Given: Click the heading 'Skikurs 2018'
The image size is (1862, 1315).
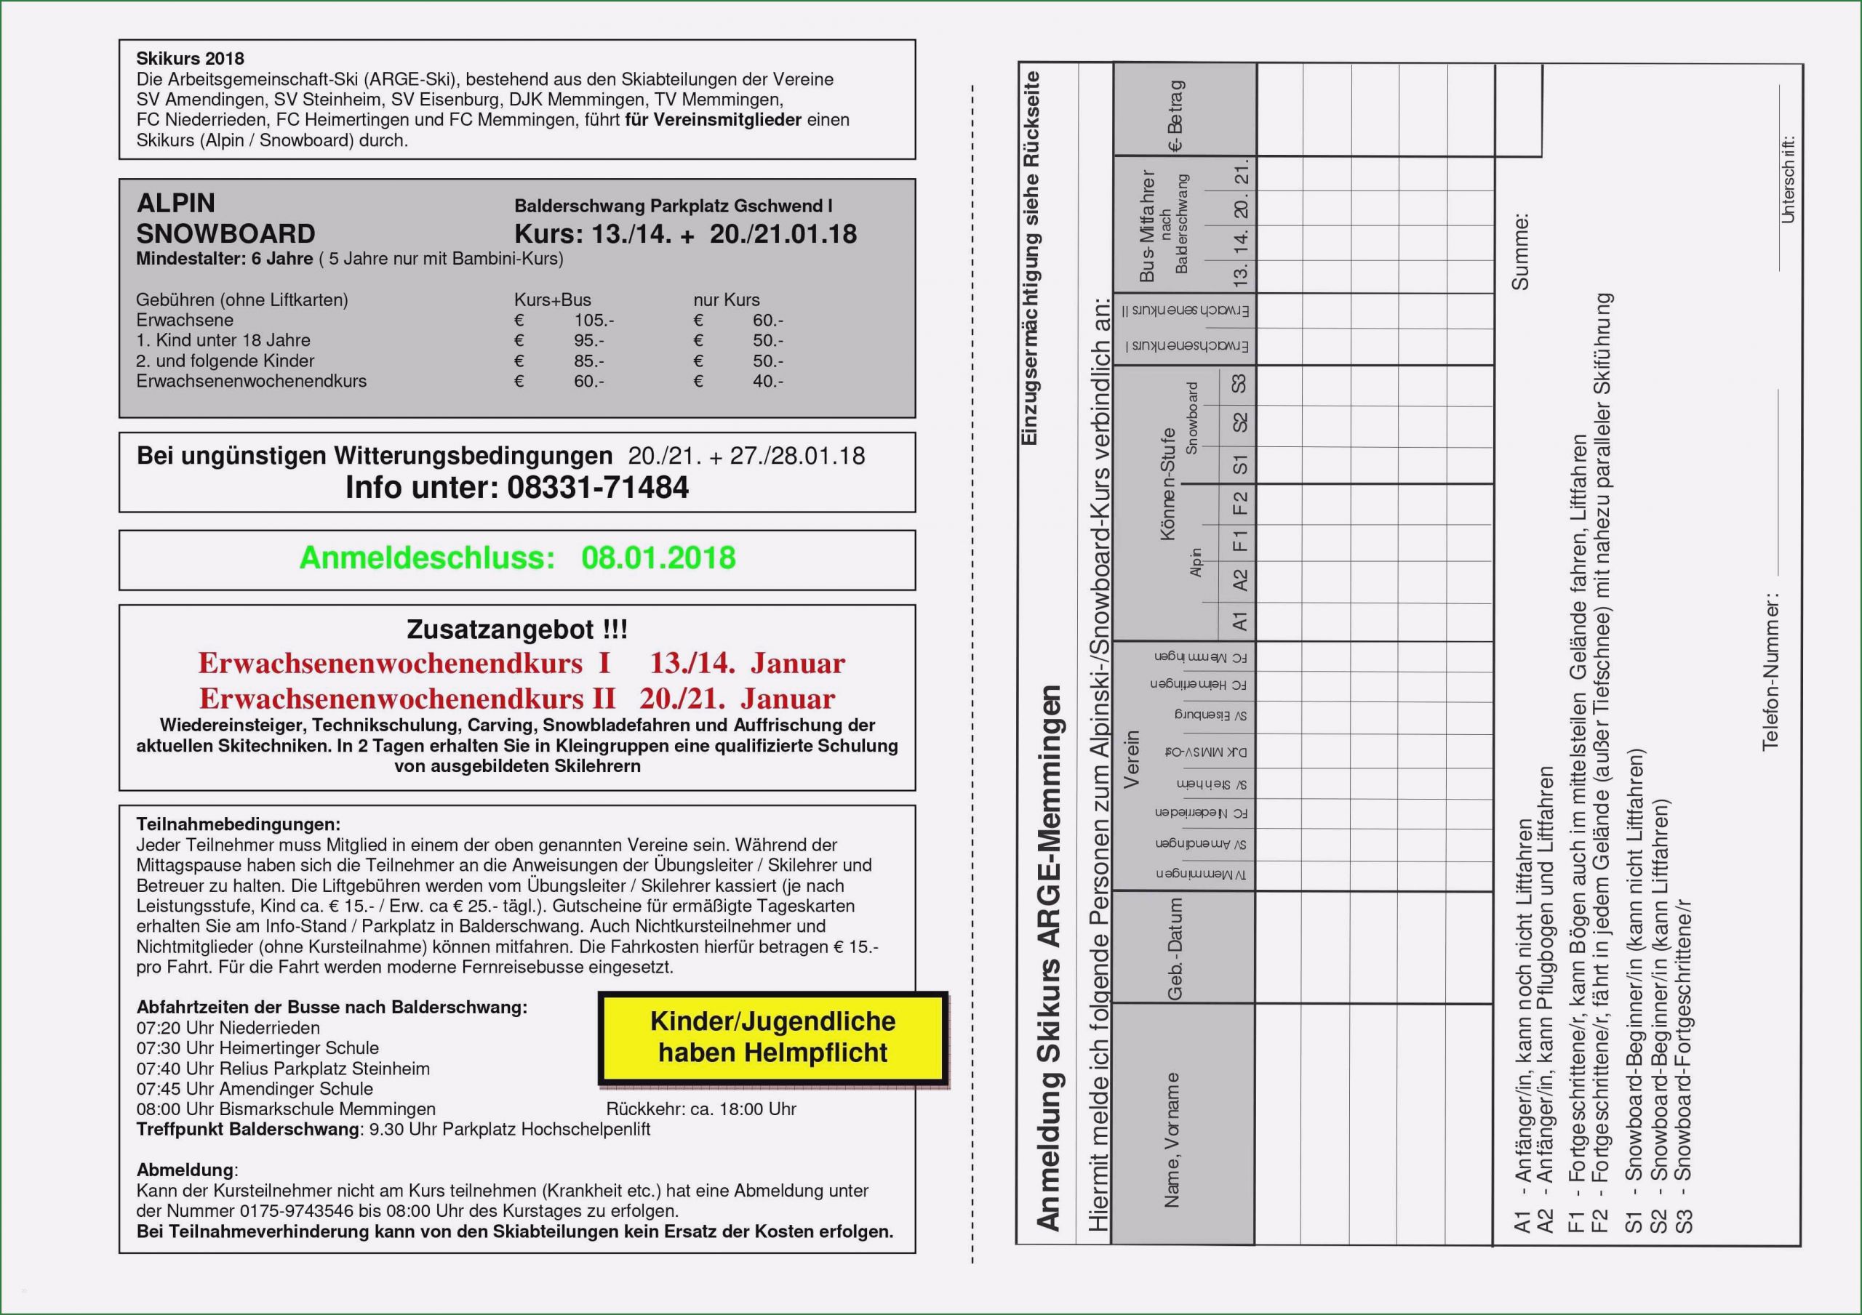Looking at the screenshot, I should pos(190,58).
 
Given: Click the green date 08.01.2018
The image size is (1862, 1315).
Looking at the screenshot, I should pos(658,558).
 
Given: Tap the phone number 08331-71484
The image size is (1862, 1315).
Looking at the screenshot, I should pos(598,487).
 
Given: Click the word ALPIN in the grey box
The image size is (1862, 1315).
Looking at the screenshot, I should pos(176,203).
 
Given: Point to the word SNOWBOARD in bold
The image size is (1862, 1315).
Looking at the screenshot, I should pos(225,233).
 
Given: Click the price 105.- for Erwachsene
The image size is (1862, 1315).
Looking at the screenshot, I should pos(594,321).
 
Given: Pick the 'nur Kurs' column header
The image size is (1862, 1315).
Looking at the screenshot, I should pos(726,300).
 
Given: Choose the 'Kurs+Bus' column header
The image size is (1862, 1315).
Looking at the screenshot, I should pos(552,300).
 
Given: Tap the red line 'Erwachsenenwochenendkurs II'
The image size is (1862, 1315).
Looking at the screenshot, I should pos(407,698).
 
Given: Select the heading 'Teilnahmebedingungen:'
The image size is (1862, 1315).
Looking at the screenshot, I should pos(239,824).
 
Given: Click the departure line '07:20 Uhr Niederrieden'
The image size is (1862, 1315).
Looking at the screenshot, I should pos(228,1028).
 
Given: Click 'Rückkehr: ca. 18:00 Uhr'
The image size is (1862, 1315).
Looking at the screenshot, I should pos(700,1109).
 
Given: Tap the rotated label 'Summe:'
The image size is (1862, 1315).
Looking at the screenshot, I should pos(1519,252).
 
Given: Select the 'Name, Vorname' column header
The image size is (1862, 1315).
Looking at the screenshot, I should pos(1172,1140).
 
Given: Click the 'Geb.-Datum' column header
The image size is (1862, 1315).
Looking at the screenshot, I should pos(1174,948).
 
